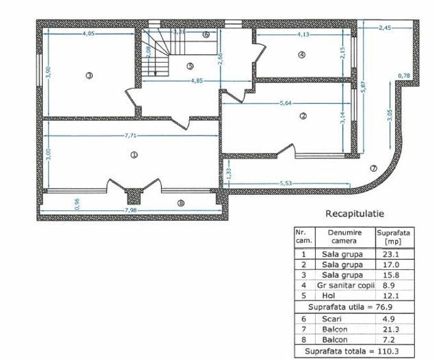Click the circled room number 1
click(134, 154)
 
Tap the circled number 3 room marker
click(89, 75)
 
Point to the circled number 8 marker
click(180, 203)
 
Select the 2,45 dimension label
click(385, 27)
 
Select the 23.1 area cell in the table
click(389, 254)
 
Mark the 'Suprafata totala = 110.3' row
click(353, 352)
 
